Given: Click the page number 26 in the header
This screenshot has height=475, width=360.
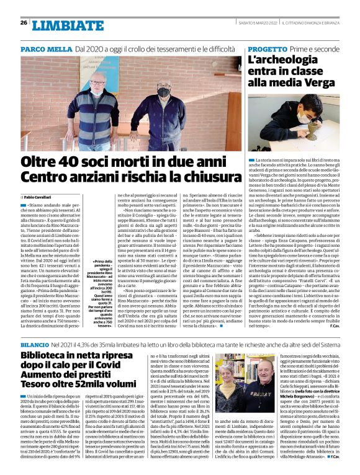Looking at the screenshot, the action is click(x=24, y=22).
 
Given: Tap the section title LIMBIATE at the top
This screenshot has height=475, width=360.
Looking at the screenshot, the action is click(x=60, y=25).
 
